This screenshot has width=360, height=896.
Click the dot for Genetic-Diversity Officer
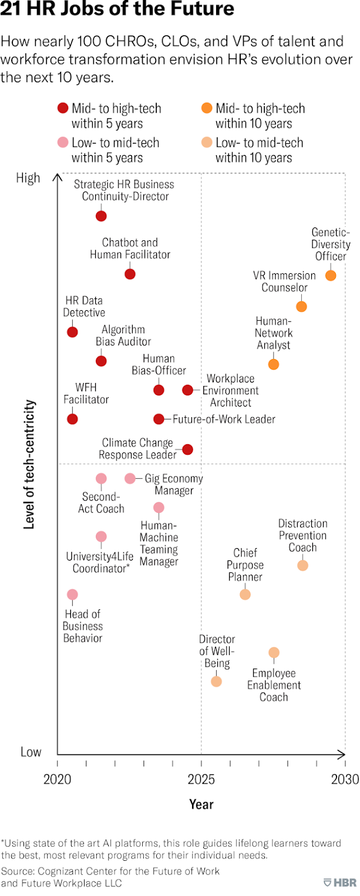pyautogui.click(x=331, y=275)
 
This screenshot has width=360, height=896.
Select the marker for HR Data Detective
pyautogui.click(x=72, y=332)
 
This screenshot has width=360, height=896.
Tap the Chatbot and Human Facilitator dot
pyautogui.click(x=130, y=274)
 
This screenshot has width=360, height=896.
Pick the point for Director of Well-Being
pyautogui.click(x=216, y=682)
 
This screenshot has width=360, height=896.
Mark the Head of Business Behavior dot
pyautogui.click(x=72, y=595)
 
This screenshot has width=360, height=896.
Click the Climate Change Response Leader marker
pyautogui.click(x=187, y=449)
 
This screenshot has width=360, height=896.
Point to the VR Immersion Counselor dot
pyautogui.click(x=301, y=307)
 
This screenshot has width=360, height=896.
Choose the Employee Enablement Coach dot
pyautogui.click(x=274, y=653)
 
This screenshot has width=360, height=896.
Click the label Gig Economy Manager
pyautogui.click(x=174, y=484)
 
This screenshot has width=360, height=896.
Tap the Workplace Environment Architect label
pyautogui.click(x=230, y=391)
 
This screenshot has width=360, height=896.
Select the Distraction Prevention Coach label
pyautogui.click(x=302, y=535)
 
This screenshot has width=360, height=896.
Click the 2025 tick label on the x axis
pyautogui.click(x=201, y=780)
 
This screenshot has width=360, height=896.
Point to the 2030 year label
pyautogui.click(x=345, y=780)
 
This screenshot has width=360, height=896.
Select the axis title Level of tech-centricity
pyautogui.click(x=29, y=465)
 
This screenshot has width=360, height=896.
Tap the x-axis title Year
pyautogui.click(x=201, y=804)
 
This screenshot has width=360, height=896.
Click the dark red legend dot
pyautogui.click(x=62, y=108)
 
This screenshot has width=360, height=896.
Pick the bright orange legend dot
pyautogui.click(x=206, y=108)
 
